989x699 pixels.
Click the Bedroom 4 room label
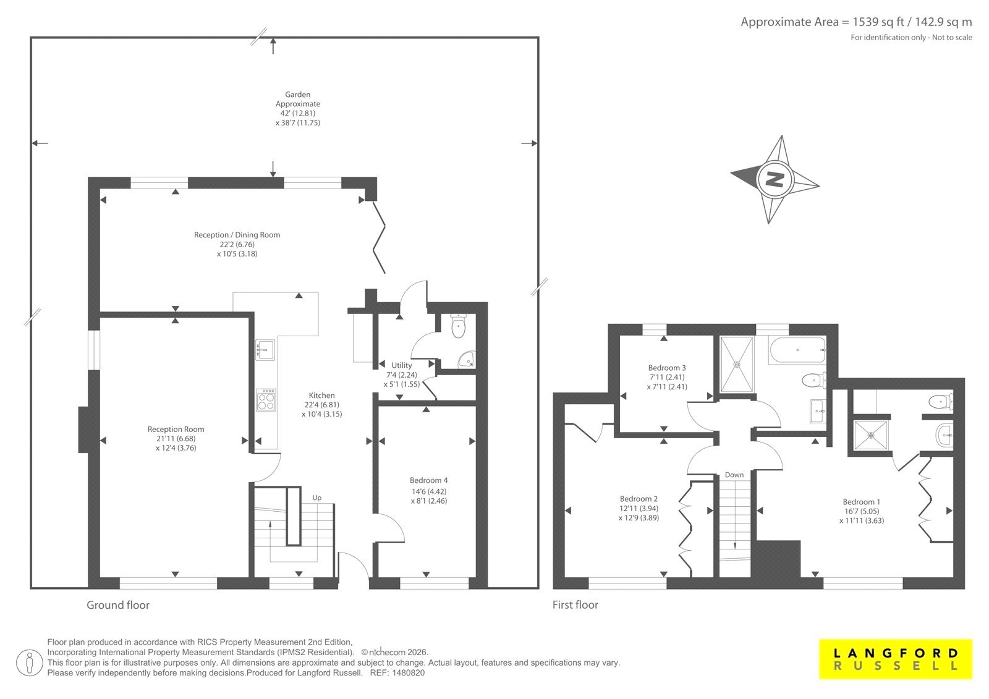[x=428, y=480]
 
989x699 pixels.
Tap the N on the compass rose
[x=775, y=179]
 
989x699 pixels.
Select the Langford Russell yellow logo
[x=896, y=659]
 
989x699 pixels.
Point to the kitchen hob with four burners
[x=266, y=400]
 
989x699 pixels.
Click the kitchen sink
[x=265, y=350]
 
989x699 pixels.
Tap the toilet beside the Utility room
[x=458, y=326]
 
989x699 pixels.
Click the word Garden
[x=297, y=95]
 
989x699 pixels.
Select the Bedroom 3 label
[x=667, y=367]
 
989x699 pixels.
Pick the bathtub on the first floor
[x=797, y=350]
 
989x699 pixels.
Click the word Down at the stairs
[x=734, y=475]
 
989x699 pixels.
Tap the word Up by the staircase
[x=316, y=498]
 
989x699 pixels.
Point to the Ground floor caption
[x=118, y=605]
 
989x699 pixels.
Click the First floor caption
[x=575, y=605]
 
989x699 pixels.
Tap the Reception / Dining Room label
[x=237, y=235]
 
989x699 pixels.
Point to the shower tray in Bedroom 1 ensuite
[x=871, y=435]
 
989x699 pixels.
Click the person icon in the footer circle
[x=29, y=663]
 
